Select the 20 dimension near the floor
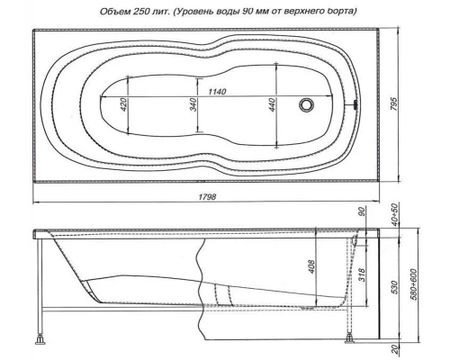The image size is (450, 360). tap(393, 349)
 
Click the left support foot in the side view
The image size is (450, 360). tap(40, 341)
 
